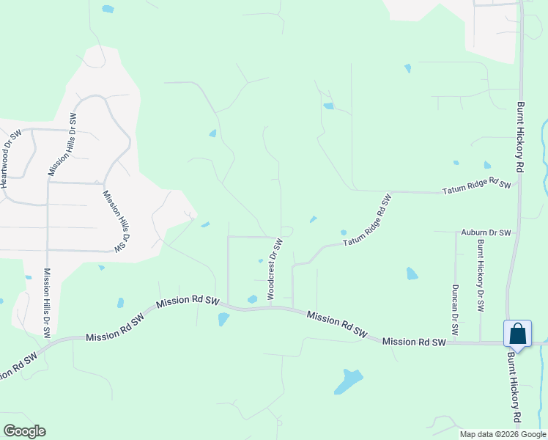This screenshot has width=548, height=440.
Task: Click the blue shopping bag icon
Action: [x=517, y=334]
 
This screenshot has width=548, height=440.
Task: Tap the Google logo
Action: [x=24, y=430]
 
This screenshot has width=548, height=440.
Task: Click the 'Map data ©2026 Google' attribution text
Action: [x=502, y=434]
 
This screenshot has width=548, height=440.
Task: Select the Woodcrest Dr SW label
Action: [x=274, y=268]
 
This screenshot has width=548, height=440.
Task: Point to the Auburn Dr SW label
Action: [x=486, y=232]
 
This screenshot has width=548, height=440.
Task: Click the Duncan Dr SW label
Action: [x=455, y=309]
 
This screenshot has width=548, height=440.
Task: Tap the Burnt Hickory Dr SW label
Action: [x=481, y=276]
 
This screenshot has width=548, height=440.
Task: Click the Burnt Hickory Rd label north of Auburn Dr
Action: [x=521, y=136]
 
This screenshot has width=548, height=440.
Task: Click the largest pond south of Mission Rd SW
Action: [x=348, y=381]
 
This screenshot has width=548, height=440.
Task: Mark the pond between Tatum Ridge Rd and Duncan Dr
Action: [x=412, y=274]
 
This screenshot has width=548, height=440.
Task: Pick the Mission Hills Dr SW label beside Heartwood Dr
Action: [x=62, y=144]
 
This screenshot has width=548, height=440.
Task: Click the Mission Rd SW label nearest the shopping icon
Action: [x=413, y=342]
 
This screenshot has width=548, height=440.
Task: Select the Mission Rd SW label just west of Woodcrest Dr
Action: [x=188, y=301]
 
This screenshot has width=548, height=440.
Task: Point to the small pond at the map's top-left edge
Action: [x=108, y=9]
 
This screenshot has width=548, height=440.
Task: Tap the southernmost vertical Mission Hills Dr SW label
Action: [x=47, y=301]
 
